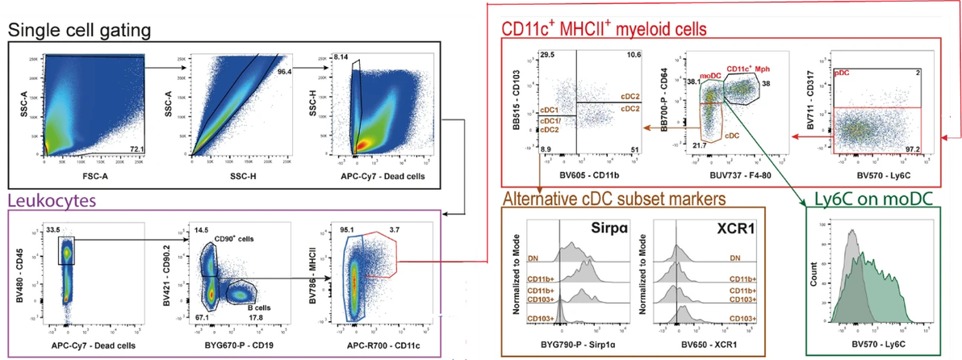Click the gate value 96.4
284,72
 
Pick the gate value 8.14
341,57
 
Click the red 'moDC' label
711,74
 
